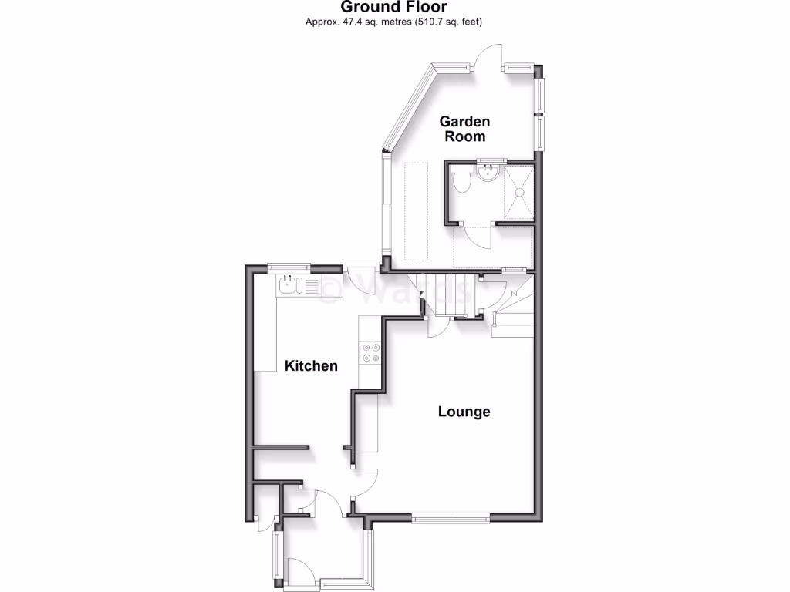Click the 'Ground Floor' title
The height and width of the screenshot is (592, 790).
[394, 7]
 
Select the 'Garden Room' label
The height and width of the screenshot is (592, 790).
[464, 129]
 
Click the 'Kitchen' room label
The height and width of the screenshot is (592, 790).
[311, 365]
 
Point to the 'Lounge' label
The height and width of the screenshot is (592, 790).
[464, 412]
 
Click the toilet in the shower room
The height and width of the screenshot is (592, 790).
[463, 181]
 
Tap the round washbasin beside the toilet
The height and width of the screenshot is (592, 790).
[487, 173]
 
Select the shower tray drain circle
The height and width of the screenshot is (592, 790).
[519, 193]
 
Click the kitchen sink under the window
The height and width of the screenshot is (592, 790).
[290, 286]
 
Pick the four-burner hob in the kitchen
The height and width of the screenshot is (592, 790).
[370, 352]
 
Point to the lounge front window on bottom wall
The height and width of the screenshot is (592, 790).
[451, 519]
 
